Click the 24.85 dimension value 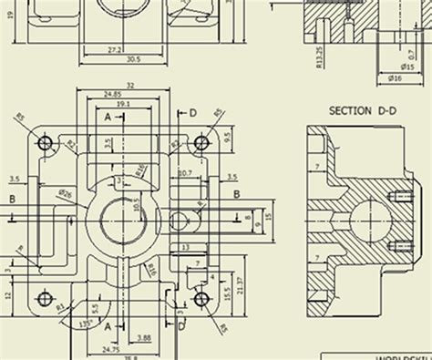(113, 94)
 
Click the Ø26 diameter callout (65, 192)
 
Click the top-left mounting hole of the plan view (45, 143)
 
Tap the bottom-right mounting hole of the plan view (201, 300)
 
